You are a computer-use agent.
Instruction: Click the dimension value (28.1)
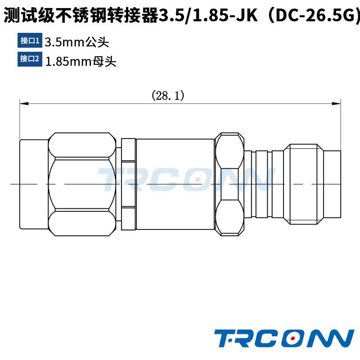[168, 95]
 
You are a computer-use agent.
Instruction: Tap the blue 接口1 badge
[30, 41]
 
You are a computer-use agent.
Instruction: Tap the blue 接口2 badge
[30, 59]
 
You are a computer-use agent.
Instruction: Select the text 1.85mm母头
[81, 61]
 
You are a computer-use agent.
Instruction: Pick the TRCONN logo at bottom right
[284, 338]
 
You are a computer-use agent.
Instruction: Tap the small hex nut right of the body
[230, 184]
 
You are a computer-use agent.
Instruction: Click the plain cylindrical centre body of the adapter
[175, 184]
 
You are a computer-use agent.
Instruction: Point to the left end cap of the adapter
[34, 184]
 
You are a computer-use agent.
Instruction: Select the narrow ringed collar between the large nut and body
[128, 184]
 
